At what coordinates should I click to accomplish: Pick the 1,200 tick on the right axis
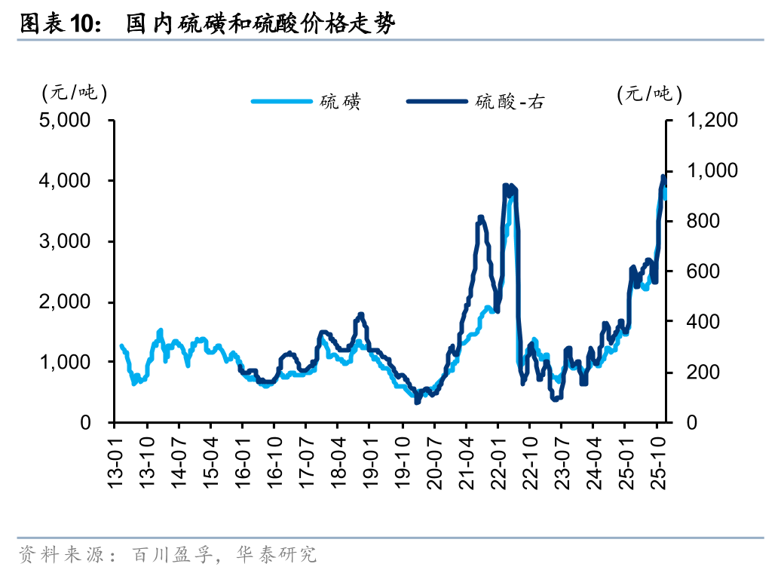[712, 121]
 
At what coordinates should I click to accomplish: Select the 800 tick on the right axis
[705, 221]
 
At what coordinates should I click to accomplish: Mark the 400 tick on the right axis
[705, 322]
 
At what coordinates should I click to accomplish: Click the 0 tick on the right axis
[691, 423]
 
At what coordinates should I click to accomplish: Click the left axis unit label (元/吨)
[74, 93]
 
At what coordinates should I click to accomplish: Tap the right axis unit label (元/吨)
[649, 93]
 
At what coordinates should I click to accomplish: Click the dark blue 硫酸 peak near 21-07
[481, 219]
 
